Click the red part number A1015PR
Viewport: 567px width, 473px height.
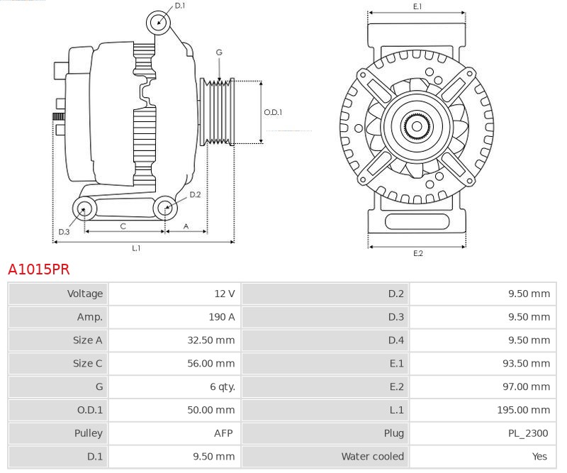point(39,269)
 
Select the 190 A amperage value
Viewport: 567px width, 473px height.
point(221,317)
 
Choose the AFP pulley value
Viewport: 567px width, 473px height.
point(224,433)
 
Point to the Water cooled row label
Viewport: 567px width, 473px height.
point(372,457)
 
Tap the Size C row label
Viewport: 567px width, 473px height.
point(88,363)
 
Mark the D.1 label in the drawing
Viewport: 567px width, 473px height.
point(179,6)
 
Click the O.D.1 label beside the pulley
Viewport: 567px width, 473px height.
point(273,112)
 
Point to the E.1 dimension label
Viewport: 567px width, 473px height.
point(417,6)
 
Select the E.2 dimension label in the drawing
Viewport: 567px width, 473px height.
point(417,253)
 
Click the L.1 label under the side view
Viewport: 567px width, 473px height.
point(136,248)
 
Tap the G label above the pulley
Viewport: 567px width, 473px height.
point(219,53)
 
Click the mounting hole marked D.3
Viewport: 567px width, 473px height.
point(85,208)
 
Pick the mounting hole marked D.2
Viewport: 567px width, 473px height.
point(164,208)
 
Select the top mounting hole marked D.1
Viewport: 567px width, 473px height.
point(159,23)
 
